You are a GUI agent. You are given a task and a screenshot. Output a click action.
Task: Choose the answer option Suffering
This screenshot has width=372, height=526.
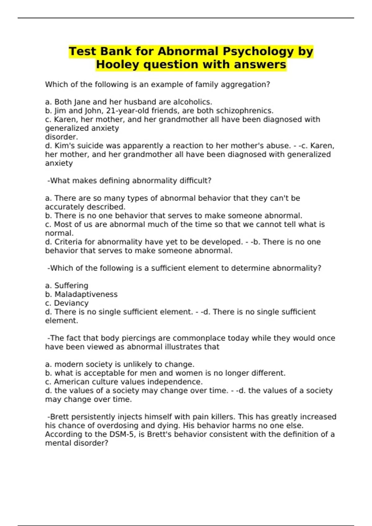click(x=71, y=286)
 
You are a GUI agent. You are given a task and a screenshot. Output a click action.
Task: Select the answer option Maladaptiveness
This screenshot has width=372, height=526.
click(x=86, y=294)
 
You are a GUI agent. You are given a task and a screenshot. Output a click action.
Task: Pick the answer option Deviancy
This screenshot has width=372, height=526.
click(x=71, y=303)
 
